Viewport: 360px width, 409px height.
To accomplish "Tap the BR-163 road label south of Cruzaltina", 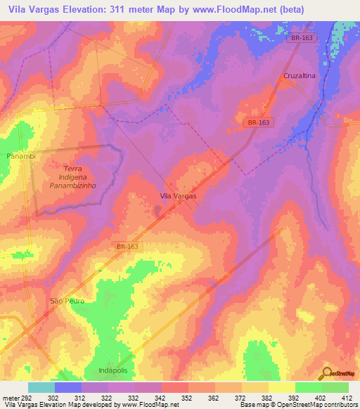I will [x=259, y=122].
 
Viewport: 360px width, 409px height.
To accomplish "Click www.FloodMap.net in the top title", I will [x=268, y=9].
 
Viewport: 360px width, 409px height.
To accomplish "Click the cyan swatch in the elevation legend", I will [x=41, y=387].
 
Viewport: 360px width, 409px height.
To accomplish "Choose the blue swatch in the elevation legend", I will [x=67, y=387].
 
